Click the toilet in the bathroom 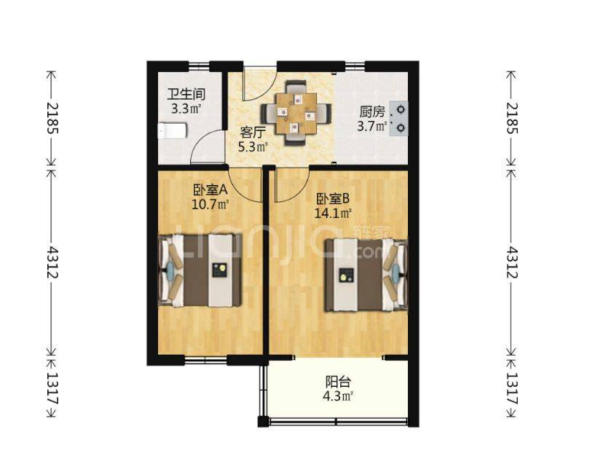(172, 131)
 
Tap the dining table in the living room (296, 113)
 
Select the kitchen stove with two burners (399, 118)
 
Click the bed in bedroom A (200, 270)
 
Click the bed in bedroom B (366, 275)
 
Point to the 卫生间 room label (186, 95)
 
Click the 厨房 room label (371, 111)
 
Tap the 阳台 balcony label (338, 382)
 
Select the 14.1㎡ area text (333, 213)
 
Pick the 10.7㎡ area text (211, 205)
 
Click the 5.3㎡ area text (253, 146)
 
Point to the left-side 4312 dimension (51, 262)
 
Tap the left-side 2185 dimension (51, 118)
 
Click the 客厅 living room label (253, 133)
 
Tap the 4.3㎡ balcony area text (338, 396)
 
